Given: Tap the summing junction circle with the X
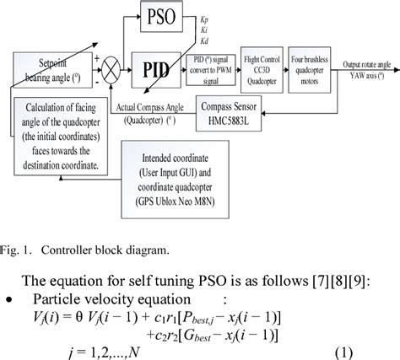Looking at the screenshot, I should pos(115,67).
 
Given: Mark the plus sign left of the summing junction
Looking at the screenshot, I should pos(100,59).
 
